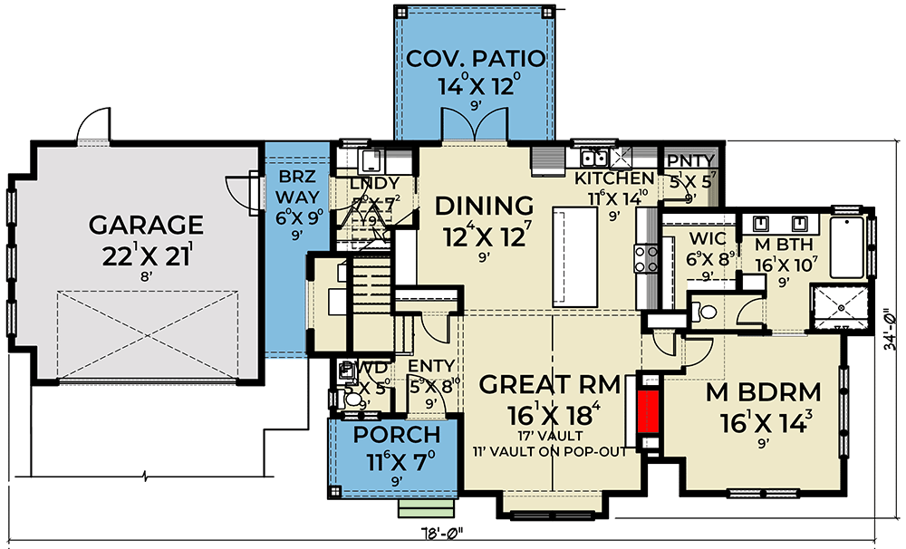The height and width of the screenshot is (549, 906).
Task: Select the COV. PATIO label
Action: [x=476, y=60]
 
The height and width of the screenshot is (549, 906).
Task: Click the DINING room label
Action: [x=484, y=206]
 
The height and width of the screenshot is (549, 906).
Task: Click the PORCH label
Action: [x=397, y=435]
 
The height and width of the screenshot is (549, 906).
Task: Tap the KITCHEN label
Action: [x=614, y=178]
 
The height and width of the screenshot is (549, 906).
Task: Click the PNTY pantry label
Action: [x=690, y=161]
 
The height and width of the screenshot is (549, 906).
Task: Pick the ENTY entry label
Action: [x=424, y=365]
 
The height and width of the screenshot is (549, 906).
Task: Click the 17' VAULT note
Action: [x=549, y=436]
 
